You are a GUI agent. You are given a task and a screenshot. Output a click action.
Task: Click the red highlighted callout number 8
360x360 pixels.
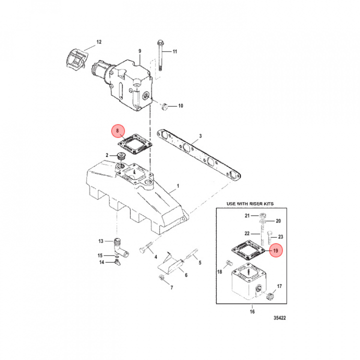(118, 131)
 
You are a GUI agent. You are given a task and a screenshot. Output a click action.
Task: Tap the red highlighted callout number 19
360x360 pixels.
(275, 250)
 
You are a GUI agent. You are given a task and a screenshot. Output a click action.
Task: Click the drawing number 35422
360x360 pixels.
(279, 318)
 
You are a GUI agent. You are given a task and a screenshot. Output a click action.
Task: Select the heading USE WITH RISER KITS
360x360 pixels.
(250, 203)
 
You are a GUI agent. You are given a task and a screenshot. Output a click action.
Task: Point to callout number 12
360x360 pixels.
(98, 42)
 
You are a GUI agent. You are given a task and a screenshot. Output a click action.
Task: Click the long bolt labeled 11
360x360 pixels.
(160, 55)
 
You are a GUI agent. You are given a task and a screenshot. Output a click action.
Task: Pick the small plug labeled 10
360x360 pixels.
(164, 107)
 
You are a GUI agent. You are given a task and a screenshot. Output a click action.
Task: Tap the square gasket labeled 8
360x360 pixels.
(135, 144)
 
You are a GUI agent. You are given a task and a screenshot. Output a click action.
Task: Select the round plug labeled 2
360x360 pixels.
(121, 156)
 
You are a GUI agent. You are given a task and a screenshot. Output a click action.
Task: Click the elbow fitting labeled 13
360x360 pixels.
(120, 247)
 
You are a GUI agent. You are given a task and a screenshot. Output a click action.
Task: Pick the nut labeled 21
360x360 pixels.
(263, 215)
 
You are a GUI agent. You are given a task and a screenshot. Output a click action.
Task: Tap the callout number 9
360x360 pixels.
(140, 51)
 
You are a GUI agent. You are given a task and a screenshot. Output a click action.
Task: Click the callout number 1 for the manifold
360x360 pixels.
(178, 186)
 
